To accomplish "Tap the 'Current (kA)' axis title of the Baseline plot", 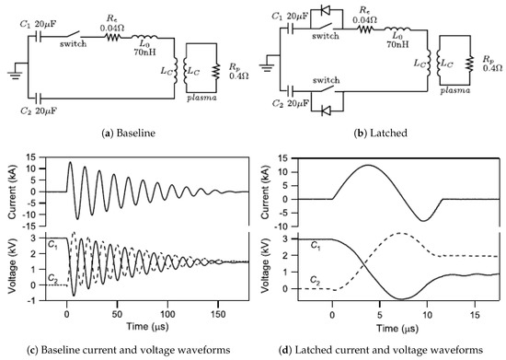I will (x=9, y=192).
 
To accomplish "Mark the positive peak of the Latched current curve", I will (x=368, y=166).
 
